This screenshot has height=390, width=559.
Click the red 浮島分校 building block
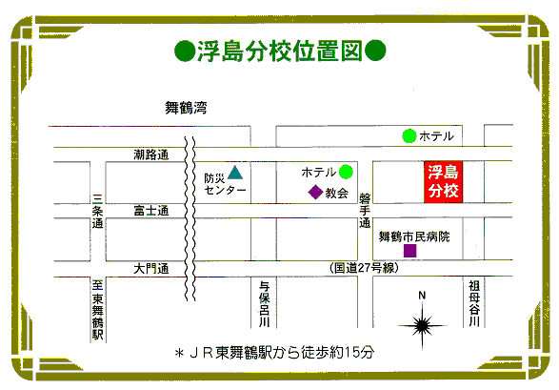tap(443, 182)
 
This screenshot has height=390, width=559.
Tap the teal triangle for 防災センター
tap(235, 173)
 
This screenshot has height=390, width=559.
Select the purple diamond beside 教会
tap(315, 192)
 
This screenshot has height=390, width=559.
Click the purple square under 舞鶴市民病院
tap(410, 251)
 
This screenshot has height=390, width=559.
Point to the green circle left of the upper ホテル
tap(409, 136)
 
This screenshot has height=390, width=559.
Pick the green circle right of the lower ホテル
tap(346, 172)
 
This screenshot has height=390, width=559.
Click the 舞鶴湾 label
tap(186, 108)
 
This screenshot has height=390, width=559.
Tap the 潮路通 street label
tap(151, 154)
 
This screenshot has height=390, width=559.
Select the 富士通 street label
tap(151, 211)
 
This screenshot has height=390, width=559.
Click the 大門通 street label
tap(151, 268)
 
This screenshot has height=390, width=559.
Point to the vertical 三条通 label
tap(98, 211)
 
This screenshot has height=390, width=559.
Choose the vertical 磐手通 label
tap(365, 211)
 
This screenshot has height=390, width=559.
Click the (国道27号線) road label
tap(364, 268)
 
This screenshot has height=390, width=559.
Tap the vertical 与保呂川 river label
tap(264, 303)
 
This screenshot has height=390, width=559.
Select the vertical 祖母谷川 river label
tap(474, 303)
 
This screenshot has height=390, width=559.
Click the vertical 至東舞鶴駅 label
tap(98, 310)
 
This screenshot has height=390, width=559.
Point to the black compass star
tap(422, 325)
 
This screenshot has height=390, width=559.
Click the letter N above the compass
tap(422, 295)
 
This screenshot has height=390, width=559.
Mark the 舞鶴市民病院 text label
tap(414, 236)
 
